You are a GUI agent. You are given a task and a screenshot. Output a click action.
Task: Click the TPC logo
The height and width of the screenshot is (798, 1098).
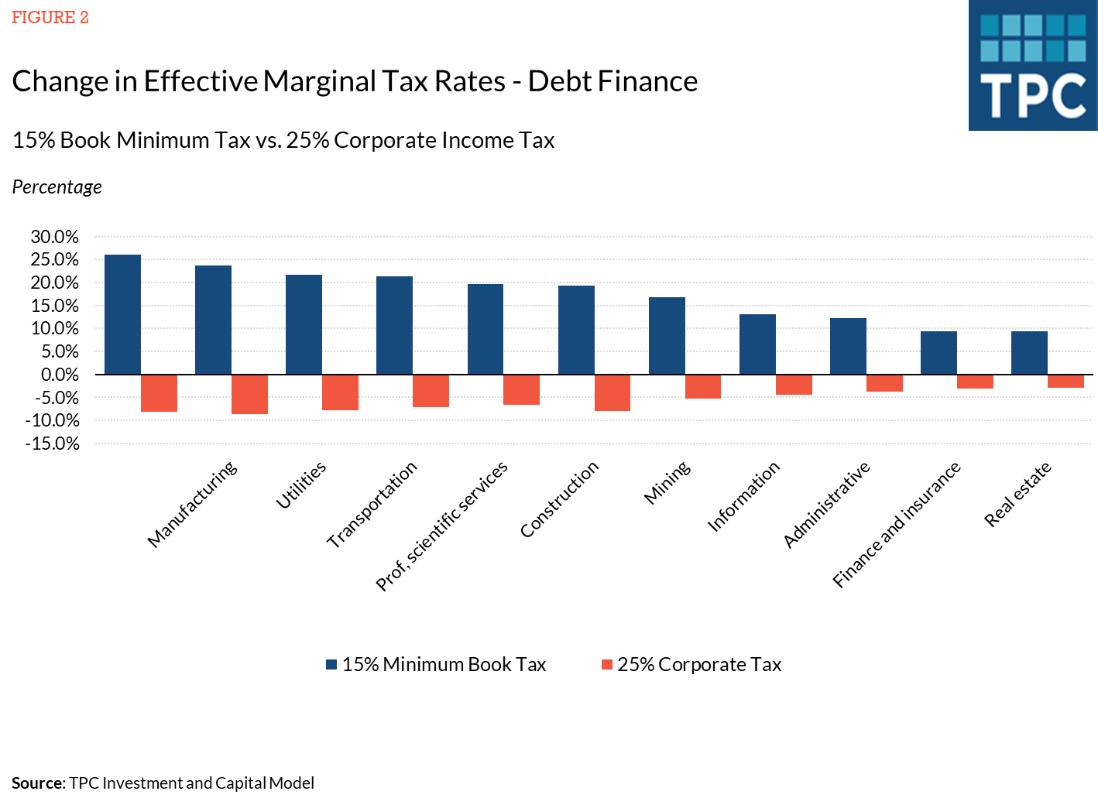1032,66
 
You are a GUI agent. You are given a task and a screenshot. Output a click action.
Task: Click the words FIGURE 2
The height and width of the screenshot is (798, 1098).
50,18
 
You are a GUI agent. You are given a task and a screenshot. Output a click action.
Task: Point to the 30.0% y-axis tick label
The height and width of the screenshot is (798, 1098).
55,237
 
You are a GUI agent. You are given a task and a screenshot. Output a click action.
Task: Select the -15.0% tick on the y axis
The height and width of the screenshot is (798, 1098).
53,444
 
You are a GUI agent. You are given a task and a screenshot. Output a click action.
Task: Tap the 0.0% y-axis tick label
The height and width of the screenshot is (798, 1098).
59,375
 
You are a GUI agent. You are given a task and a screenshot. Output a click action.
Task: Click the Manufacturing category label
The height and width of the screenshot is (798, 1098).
192,505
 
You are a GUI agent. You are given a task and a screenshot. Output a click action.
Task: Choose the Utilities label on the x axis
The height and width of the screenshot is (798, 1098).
301,485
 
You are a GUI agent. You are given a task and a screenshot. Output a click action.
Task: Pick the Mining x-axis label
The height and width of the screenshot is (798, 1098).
667,483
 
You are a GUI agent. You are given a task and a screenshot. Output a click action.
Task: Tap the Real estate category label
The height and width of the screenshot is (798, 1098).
1017,494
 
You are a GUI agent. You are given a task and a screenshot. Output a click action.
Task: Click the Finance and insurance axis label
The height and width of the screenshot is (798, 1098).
896,524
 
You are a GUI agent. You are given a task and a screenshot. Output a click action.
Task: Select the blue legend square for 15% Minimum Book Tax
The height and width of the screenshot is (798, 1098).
331,664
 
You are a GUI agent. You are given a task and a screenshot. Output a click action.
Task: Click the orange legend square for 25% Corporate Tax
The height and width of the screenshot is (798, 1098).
607,664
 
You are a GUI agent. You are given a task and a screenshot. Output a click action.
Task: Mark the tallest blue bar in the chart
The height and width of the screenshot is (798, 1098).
122,314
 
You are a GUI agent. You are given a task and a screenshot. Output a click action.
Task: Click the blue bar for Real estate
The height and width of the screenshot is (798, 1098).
1029,353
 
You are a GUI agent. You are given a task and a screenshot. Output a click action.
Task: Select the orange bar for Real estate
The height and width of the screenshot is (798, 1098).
1065,382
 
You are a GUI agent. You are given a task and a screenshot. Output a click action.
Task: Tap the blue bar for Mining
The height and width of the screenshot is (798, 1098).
667,336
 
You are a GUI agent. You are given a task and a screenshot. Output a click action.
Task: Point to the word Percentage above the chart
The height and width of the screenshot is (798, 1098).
57,187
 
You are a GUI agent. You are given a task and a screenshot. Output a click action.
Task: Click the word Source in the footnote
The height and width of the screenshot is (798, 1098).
37,783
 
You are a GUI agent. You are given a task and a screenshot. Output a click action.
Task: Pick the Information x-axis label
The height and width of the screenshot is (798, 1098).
743,496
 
